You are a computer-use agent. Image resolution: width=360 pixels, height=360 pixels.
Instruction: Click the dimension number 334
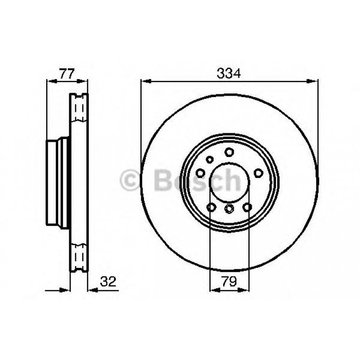229,73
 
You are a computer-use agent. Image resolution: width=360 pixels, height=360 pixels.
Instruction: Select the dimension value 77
67,73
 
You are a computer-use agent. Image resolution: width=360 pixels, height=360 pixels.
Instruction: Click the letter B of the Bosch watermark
163,180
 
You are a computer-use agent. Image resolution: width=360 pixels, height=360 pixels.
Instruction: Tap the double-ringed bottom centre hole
229,209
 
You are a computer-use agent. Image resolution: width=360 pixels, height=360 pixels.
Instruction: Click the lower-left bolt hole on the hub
211,207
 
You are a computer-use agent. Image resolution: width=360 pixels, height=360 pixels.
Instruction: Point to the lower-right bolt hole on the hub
247,207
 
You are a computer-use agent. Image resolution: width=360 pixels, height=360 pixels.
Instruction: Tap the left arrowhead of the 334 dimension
144,81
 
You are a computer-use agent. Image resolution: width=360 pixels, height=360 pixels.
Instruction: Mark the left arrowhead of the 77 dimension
50,81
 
